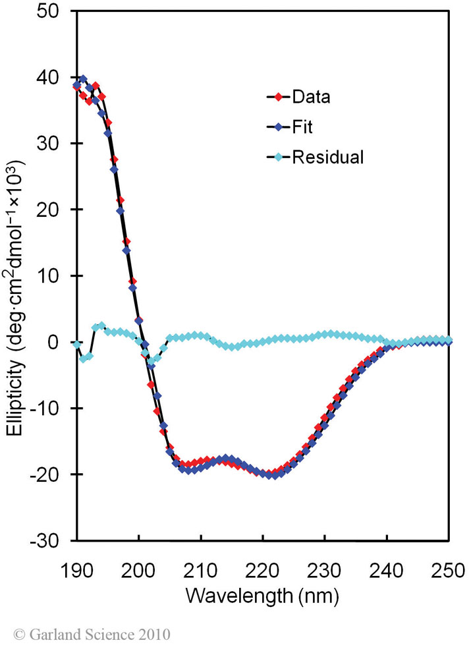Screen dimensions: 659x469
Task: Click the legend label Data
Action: tap(311, 98)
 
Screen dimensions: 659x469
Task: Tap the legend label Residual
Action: tap(327, 158)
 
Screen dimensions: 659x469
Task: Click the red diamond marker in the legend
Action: tap(278, 98)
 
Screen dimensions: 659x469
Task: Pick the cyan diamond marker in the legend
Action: tap(278, 158)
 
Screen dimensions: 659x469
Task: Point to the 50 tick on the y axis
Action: tap(55, 11)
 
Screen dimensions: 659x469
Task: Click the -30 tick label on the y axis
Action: tap(52, 540)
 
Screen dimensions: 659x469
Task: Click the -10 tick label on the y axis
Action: tap(52, 408)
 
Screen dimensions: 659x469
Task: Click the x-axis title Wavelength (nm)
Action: tap(262, 596)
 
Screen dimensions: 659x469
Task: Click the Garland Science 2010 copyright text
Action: tap(92, 635)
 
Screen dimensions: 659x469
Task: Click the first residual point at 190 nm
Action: tap(77, 345)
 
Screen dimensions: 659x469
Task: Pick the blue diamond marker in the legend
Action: tap(278, 127)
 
